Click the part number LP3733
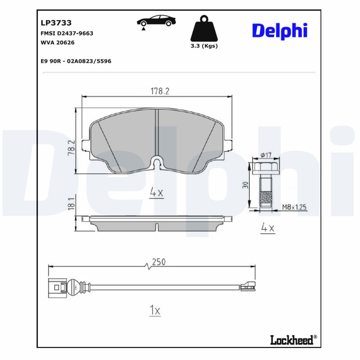point(56,22)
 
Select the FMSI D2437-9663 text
point(67,33)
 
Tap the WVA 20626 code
point(58,43)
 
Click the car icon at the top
point(157,21)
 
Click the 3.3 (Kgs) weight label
point(203,46)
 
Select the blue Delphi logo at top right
point(279,31)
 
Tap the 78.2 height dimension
point(71,147)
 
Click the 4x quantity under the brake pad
point(156,193)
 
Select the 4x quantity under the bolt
point(268,228)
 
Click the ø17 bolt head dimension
point(265,155)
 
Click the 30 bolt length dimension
point(245,184)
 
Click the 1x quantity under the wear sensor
point(154,310)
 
